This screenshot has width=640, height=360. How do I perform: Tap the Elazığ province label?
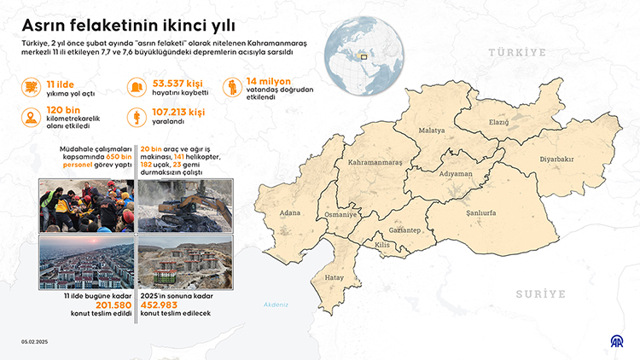click(x=499, y=122)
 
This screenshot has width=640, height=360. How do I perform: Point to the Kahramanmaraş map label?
click(x=375, y=161)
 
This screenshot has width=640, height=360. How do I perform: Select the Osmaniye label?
click(x=341, y=215)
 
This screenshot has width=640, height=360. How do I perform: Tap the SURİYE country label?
click(x=540, y=293)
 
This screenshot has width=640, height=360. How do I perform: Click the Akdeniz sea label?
click(x=276, y=305)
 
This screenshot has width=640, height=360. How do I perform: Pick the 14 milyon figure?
click(x=269, y=83)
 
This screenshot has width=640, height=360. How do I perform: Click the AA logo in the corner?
click(x=614, y=341)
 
